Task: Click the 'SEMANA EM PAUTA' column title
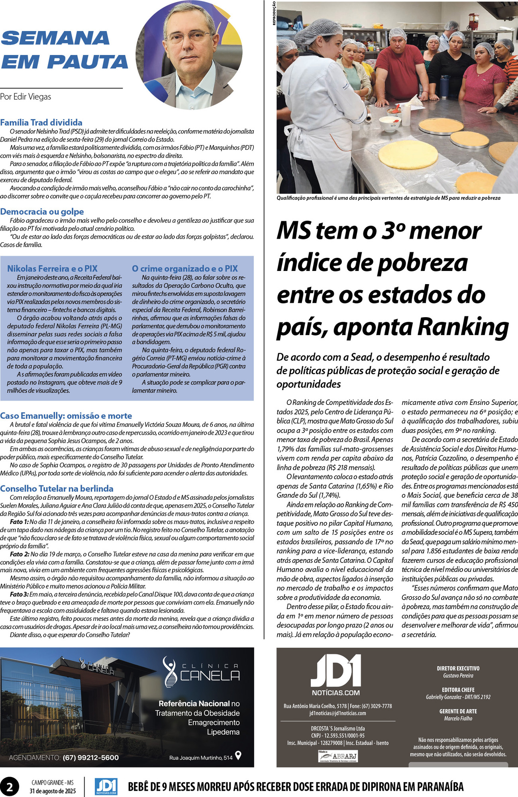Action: click(x=65, y=50)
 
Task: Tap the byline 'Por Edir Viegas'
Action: click(x=26, y=96)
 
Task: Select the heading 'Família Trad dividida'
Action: click(x=41, y=122)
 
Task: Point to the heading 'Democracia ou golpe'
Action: click(x=42, y=212)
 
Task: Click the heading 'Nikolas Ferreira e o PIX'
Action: click(x=52, y=269)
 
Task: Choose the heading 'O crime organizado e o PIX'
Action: click(x=185, y=269)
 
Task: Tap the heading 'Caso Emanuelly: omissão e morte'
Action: click(x=66, y=416)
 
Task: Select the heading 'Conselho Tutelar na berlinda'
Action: click(x=57, y=489)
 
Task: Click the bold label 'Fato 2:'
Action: click(x=20, y=554)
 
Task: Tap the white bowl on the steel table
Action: click(x=390, y=124)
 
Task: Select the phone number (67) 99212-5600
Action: click(x=90, y=758)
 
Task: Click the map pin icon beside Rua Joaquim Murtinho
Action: click(x=238, y=755)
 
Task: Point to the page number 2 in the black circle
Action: click(x=10, y=787)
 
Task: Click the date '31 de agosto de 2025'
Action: click(x=53, y=791)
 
